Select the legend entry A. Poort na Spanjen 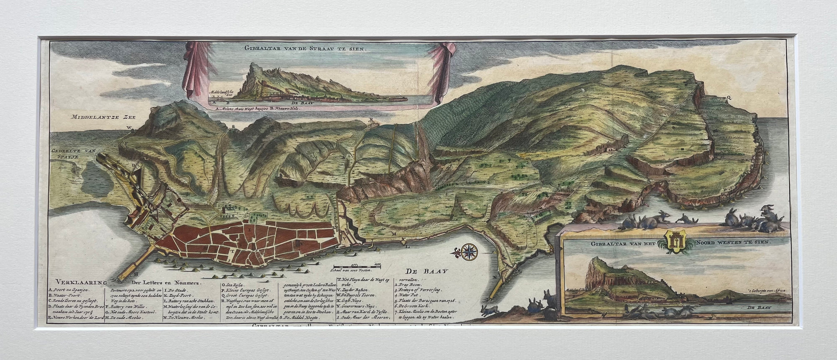coord(71,290)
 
